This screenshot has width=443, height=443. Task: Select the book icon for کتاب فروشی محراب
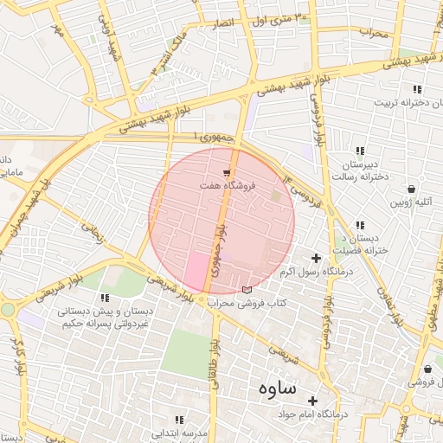[248, 289]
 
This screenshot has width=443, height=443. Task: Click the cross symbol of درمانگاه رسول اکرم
[316, 258]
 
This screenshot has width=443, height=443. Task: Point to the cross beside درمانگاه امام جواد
[312, 401]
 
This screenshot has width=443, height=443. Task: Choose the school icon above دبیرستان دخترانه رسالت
[360, 152]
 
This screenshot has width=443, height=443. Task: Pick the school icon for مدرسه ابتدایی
[179, 419]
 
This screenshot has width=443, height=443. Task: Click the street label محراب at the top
[377, 34]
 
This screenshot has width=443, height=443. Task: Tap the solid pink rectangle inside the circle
[196, 272]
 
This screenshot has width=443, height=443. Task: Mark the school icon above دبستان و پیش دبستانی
[105, 298]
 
